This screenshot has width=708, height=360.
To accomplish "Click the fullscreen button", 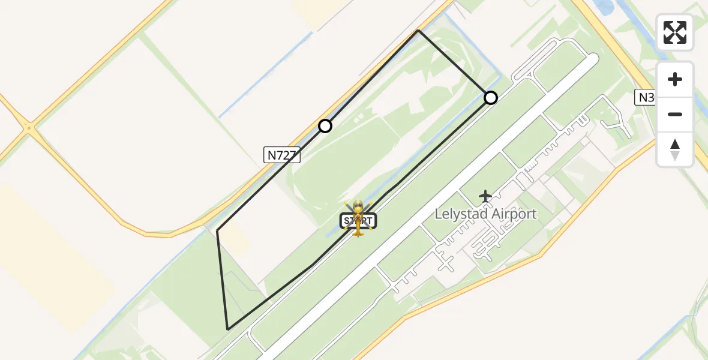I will click(x=675, y=32).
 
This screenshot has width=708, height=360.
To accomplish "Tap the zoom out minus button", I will click(x=675, y=115).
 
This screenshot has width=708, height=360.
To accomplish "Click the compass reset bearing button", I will click(x=675, y=149).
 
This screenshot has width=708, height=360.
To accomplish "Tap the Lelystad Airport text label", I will click(x=485, y=214).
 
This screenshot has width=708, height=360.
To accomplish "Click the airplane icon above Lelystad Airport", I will click(x=485, y=196).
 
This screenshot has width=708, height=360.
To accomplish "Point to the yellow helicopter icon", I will click(x=358, y=216).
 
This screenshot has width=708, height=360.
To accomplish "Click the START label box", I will click(x=359, y=221).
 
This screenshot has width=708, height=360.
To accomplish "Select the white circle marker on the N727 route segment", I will click(x=325, y=126).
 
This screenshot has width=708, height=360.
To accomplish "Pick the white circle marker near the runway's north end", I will click(x=491, y=97).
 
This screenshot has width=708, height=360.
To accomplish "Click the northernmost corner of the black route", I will click(x=418, y=30).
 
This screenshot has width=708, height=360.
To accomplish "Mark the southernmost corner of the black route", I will click(x=228, y=329).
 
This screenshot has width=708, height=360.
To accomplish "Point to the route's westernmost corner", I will click(x=217, y=230).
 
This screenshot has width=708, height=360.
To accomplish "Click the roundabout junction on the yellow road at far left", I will click(x=29, y=127).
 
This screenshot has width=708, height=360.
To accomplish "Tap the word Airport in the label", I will click(x=512, y=214).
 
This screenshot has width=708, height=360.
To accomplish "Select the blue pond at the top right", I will click(x=604, y=6).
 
